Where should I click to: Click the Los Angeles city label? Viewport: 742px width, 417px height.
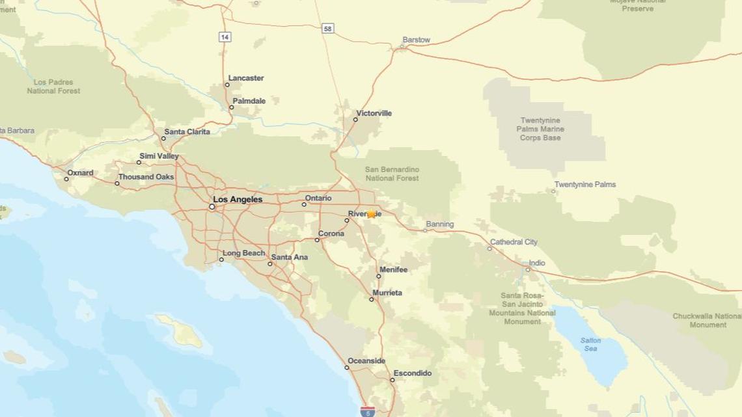pos(238,199)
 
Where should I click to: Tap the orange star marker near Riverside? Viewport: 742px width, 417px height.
pos(371,214)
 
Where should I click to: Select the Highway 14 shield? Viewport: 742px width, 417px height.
pos(225,37)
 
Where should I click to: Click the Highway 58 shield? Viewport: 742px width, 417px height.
pos(328,29)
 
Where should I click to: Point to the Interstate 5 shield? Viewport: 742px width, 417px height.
pos(367,411)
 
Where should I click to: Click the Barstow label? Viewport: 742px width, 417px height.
pos(416,40)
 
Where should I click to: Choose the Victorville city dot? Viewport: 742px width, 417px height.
pos(356,120)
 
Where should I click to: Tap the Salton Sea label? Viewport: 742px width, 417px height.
pos(590,344)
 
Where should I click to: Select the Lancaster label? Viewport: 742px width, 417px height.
pos(246,78)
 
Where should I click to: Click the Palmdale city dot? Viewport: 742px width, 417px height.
pos(231,107)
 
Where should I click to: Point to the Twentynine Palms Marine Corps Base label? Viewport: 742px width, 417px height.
pos(540,129)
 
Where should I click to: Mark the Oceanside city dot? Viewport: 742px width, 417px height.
pos(347,368)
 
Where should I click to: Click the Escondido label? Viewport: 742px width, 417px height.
pos(412,373)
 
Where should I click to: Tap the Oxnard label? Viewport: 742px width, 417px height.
pos(80,173)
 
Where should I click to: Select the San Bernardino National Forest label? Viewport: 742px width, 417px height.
pos(392,174)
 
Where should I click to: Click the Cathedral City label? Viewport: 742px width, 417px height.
pos(514,242)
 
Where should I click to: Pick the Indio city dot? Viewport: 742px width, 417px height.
pos(528,269)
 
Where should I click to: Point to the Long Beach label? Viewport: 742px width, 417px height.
pos(243,253)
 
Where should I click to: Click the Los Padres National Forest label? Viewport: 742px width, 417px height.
pos(53,87)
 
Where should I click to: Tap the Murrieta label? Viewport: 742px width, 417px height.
pos(387,293)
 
